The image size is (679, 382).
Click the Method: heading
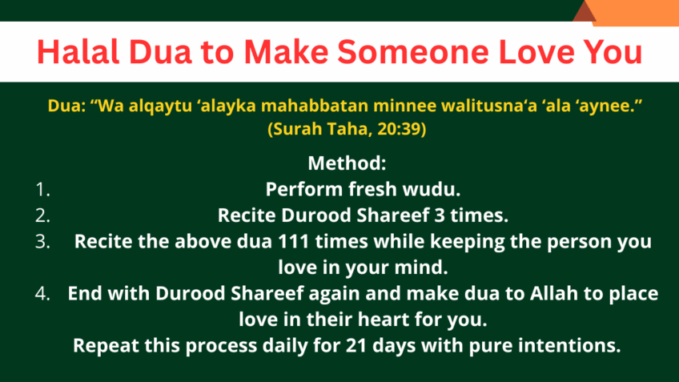point(348,163)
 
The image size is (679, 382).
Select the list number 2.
point(43,215)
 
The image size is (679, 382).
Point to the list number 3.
point(43,242)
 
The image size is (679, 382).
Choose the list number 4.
point(43,294)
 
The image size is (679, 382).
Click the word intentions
point(571,346)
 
